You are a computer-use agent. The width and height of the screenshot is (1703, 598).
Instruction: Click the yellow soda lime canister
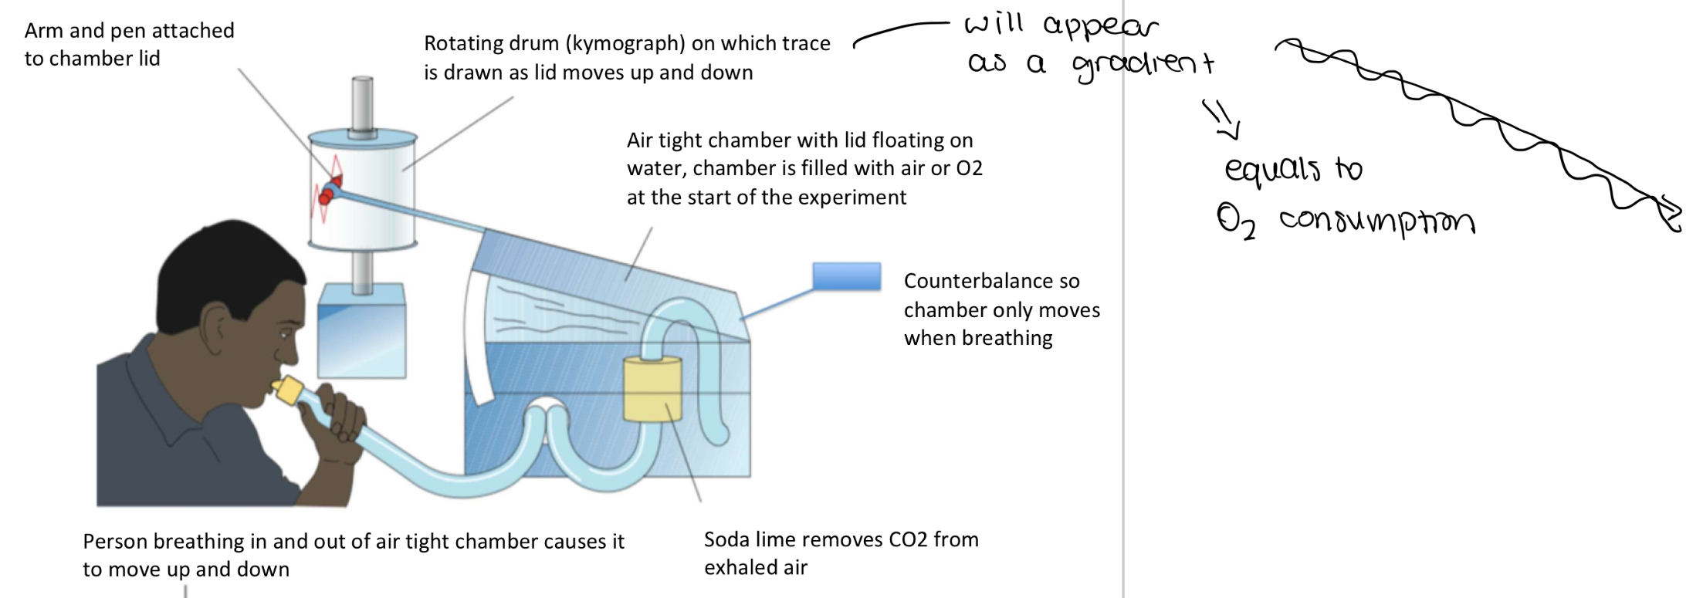[652, 389]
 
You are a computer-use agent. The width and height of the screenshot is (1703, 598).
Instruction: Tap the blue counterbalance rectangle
[846, 276]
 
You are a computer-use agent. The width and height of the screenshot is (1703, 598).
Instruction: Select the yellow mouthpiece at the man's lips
[288, 389]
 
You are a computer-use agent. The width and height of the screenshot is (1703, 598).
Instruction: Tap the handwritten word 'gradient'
[1143, 65]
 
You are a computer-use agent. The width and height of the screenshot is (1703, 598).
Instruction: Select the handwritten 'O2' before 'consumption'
[1236, 221]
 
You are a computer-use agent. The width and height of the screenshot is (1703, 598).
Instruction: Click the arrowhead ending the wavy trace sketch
[1671, 216]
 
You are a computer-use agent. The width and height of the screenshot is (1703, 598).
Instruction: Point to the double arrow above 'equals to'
[1221, 120]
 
